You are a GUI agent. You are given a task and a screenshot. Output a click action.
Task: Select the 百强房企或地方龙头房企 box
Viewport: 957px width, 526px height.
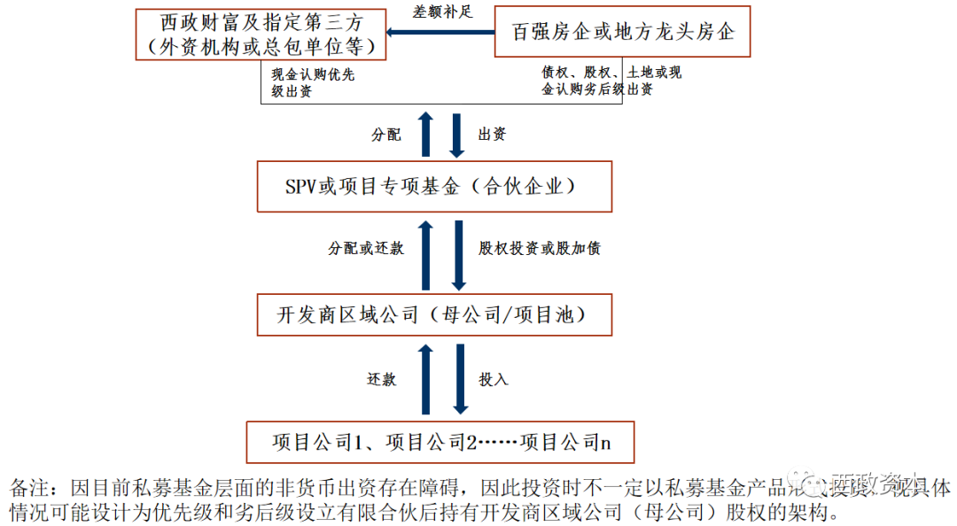coord(623,32)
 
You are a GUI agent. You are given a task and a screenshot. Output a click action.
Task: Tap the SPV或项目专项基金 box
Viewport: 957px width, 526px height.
coord(434,186)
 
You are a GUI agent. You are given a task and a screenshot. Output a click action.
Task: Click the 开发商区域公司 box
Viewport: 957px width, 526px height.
coord(434,313)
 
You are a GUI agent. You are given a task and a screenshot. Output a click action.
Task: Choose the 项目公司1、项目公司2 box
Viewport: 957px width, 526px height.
coord(440,441)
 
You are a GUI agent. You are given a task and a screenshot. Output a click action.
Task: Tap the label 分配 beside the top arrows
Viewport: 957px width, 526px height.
coord(386,135)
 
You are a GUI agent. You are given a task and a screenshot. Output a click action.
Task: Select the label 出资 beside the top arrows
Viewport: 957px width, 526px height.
coord(492,135)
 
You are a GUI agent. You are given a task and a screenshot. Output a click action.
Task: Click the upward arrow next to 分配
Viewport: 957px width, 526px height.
coord(425,135)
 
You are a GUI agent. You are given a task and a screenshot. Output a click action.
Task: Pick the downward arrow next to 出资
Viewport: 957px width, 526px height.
coord(458,135)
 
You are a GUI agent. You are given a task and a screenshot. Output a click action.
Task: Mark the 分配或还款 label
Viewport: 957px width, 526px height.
coord(366,248)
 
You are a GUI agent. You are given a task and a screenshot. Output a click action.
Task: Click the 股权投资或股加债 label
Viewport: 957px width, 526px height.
coord(540,248)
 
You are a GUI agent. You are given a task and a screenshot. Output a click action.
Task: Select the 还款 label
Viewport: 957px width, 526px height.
coord(382,379)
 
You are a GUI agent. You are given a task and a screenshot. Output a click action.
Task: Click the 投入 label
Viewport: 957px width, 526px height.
coord(494,379)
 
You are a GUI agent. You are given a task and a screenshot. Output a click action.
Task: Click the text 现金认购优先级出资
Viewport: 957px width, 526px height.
coord(313,81)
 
